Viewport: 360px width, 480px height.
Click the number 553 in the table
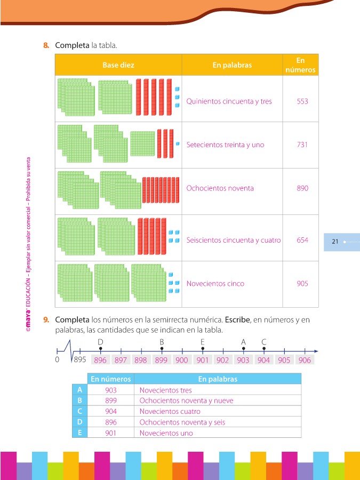(302, 101)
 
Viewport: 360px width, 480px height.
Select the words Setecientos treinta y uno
(225, 145)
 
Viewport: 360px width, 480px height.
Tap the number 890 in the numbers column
(302, 188)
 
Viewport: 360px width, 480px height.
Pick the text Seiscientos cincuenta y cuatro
(234, 240)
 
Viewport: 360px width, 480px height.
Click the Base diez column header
(118, 65)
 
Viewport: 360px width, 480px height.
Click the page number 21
(335, 242)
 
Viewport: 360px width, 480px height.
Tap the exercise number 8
(46, 45)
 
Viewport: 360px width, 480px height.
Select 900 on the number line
(182, 361)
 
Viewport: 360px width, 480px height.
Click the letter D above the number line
(100, 341)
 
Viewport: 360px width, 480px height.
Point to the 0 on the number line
(57, 360)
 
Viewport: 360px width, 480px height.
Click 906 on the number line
(305, 361)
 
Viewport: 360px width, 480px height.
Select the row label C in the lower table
(79, 411)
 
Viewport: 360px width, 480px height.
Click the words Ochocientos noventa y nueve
(186, 401)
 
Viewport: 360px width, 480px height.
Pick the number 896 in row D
(111, 422)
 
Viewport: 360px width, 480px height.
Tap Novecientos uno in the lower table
(166, 433)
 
